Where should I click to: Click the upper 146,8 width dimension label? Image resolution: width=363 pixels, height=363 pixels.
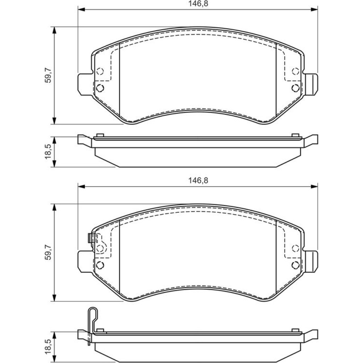tap(198, 4)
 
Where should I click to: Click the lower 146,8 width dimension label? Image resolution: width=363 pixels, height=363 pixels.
tap(198, 180)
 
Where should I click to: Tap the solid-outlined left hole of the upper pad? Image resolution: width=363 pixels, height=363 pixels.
tap(100, 88)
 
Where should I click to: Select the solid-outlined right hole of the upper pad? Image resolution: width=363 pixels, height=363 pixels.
tap(295, 88)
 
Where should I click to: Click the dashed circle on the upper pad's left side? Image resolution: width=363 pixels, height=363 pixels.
tap(100, 71)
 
